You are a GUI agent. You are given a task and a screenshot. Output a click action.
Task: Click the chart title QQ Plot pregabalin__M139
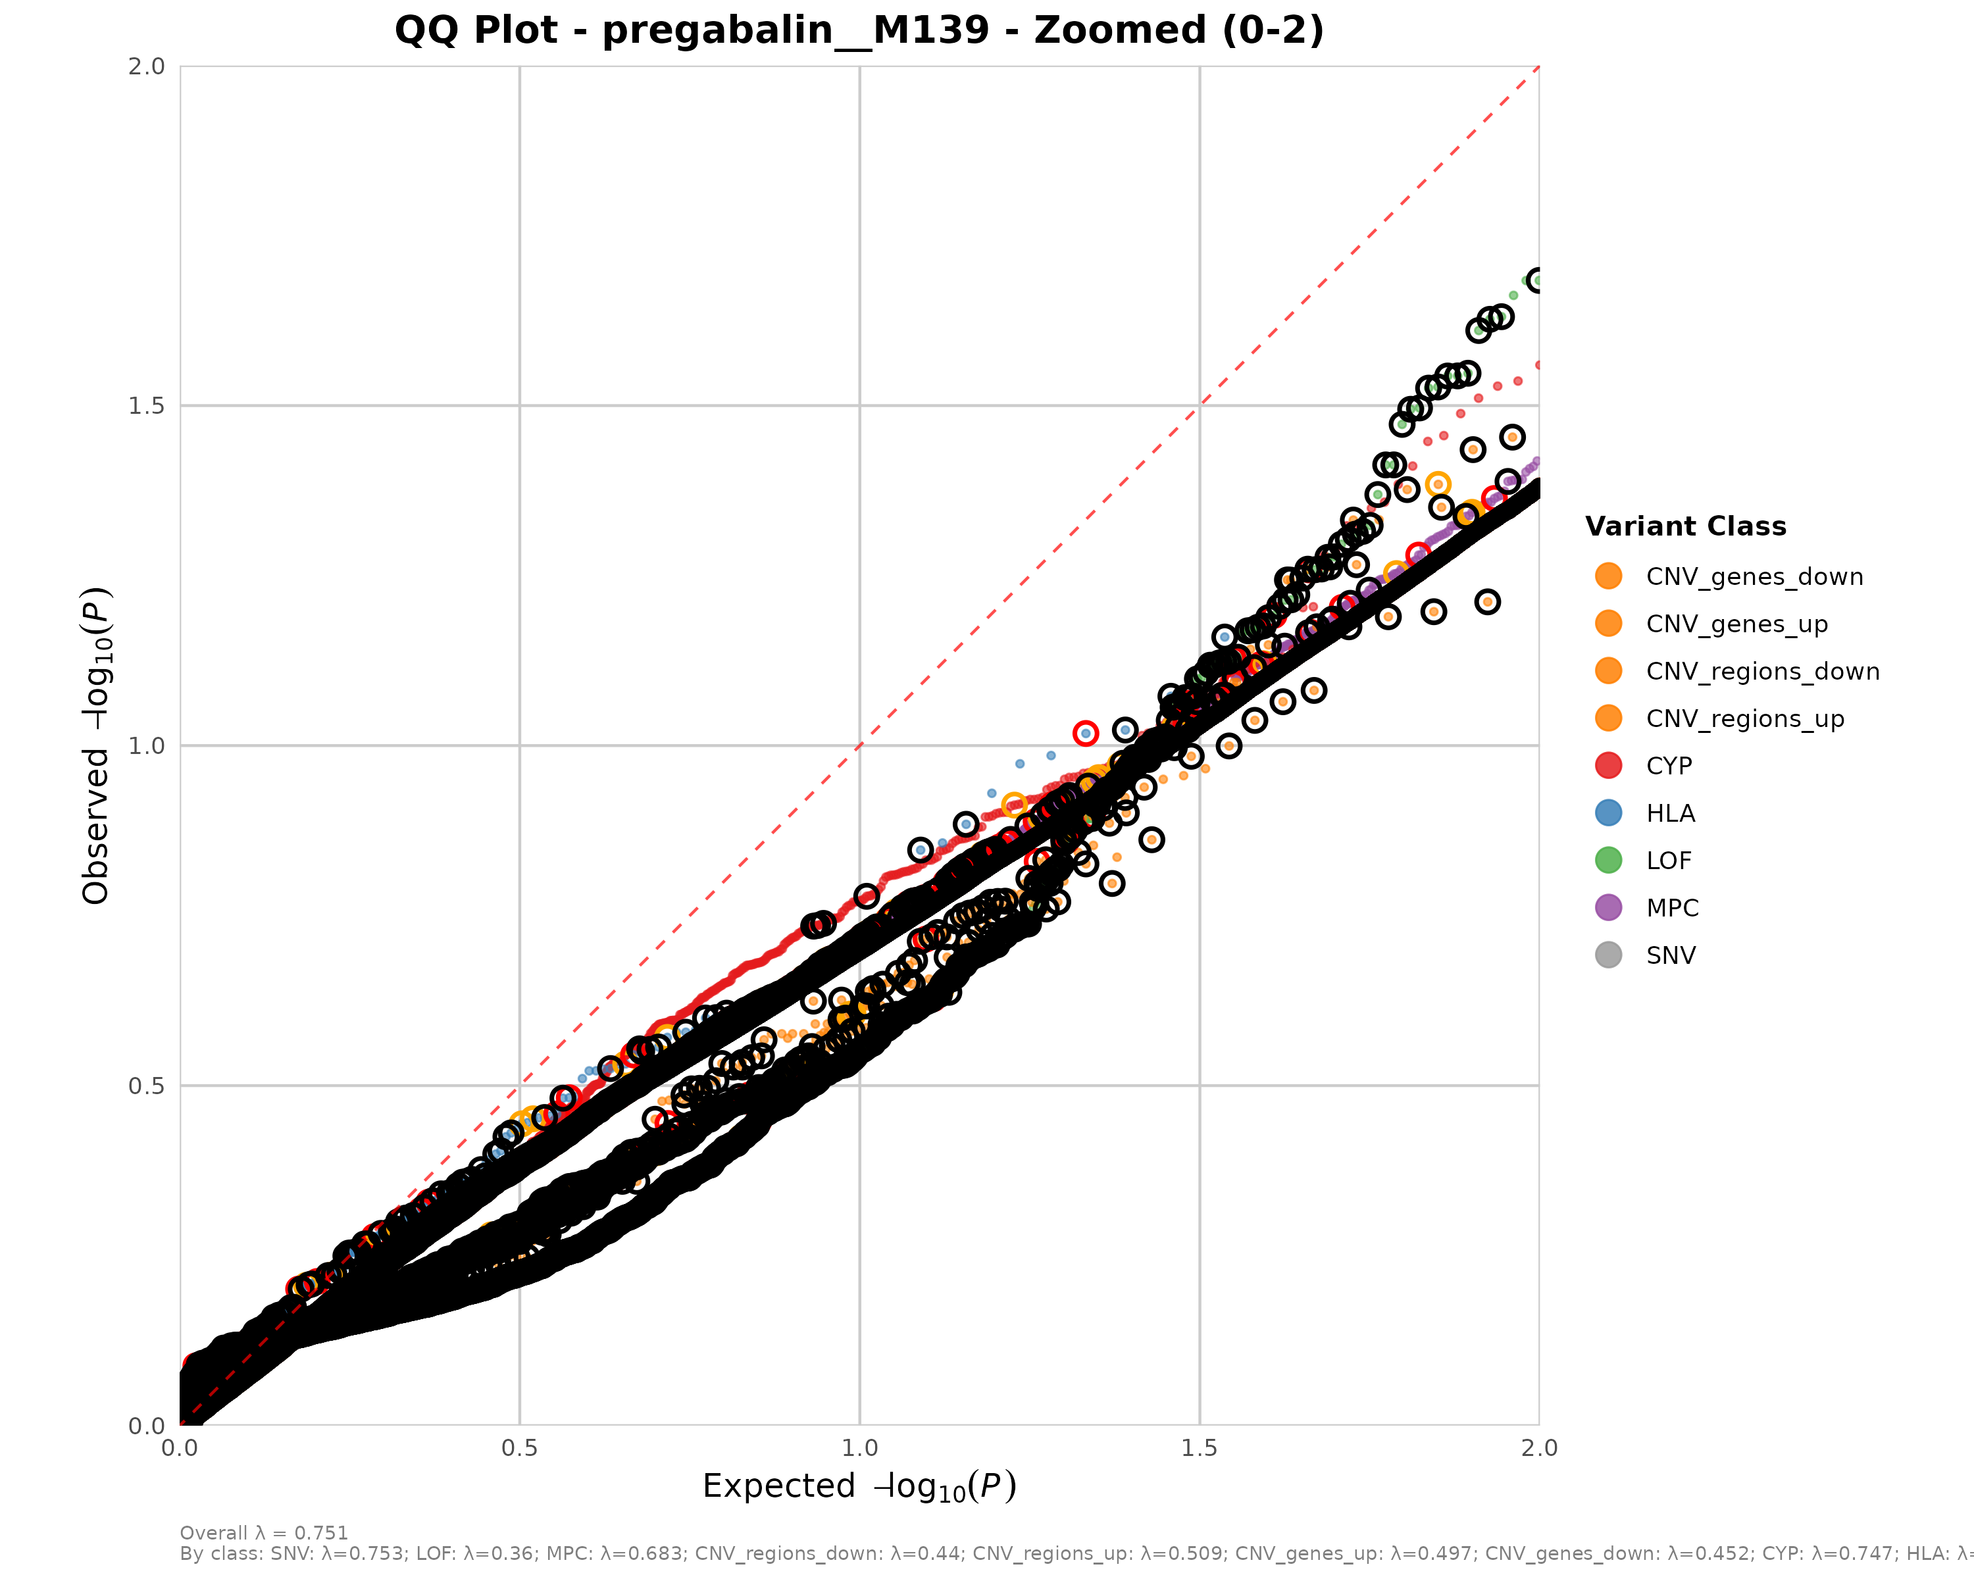coord(859,30)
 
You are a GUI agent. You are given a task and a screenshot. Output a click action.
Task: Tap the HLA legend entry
coord(1670,813)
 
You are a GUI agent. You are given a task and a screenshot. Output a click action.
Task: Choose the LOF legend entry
coord(1668,861)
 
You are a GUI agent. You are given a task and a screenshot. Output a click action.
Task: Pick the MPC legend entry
coord(1672,908)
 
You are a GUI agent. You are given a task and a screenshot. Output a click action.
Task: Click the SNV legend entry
coord(1670,956)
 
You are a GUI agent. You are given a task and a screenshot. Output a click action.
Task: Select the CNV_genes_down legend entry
coord(1754,577)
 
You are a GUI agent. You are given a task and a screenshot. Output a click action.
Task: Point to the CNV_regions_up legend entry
coord(1744,718)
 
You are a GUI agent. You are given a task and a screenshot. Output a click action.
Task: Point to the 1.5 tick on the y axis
coord(147,405)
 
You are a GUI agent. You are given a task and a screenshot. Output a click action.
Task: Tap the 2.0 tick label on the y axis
coord(147,66)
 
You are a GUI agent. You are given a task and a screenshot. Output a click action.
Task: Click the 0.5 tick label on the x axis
coord(520,1448)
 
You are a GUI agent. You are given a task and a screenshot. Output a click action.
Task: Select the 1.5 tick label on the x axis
coord(1200,1448)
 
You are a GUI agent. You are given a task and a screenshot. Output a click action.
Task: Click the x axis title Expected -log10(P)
coord(859,1486)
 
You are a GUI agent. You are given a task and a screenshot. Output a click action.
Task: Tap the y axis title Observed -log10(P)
coord(97,745)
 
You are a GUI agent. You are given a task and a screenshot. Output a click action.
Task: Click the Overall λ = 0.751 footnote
coord(264,1533)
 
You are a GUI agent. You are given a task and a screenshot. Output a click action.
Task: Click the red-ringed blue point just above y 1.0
coord(1085,733)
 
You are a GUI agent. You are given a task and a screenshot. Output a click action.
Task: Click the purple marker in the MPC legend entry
coord(1607,908)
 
